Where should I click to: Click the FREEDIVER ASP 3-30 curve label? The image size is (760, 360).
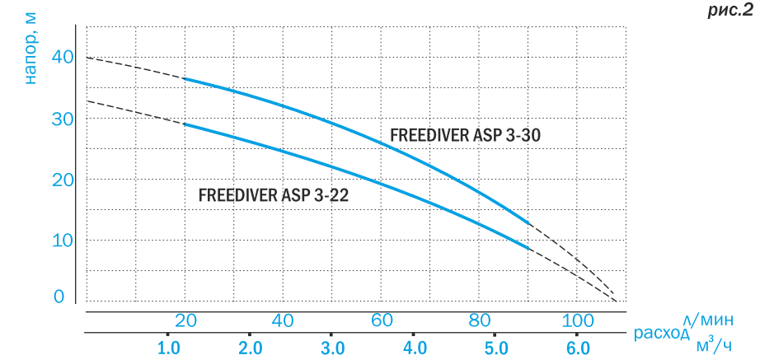click(465, 135)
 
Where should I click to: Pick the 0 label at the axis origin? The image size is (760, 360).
click(59, 296)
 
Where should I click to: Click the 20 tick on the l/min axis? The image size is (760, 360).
click(185, 320)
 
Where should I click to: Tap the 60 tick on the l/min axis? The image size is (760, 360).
click(380, 320)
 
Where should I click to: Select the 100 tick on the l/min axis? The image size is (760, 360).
click(576, 320)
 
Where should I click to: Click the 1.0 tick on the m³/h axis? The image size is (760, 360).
click(169, 347)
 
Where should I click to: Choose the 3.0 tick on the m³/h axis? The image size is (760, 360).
click(332, 347)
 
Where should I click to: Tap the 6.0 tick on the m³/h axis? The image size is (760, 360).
click(578, 347)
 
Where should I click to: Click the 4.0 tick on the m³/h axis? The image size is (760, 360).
click(415, 347)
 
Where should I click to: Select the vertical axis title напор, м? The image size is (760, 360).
click(30, 50)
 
